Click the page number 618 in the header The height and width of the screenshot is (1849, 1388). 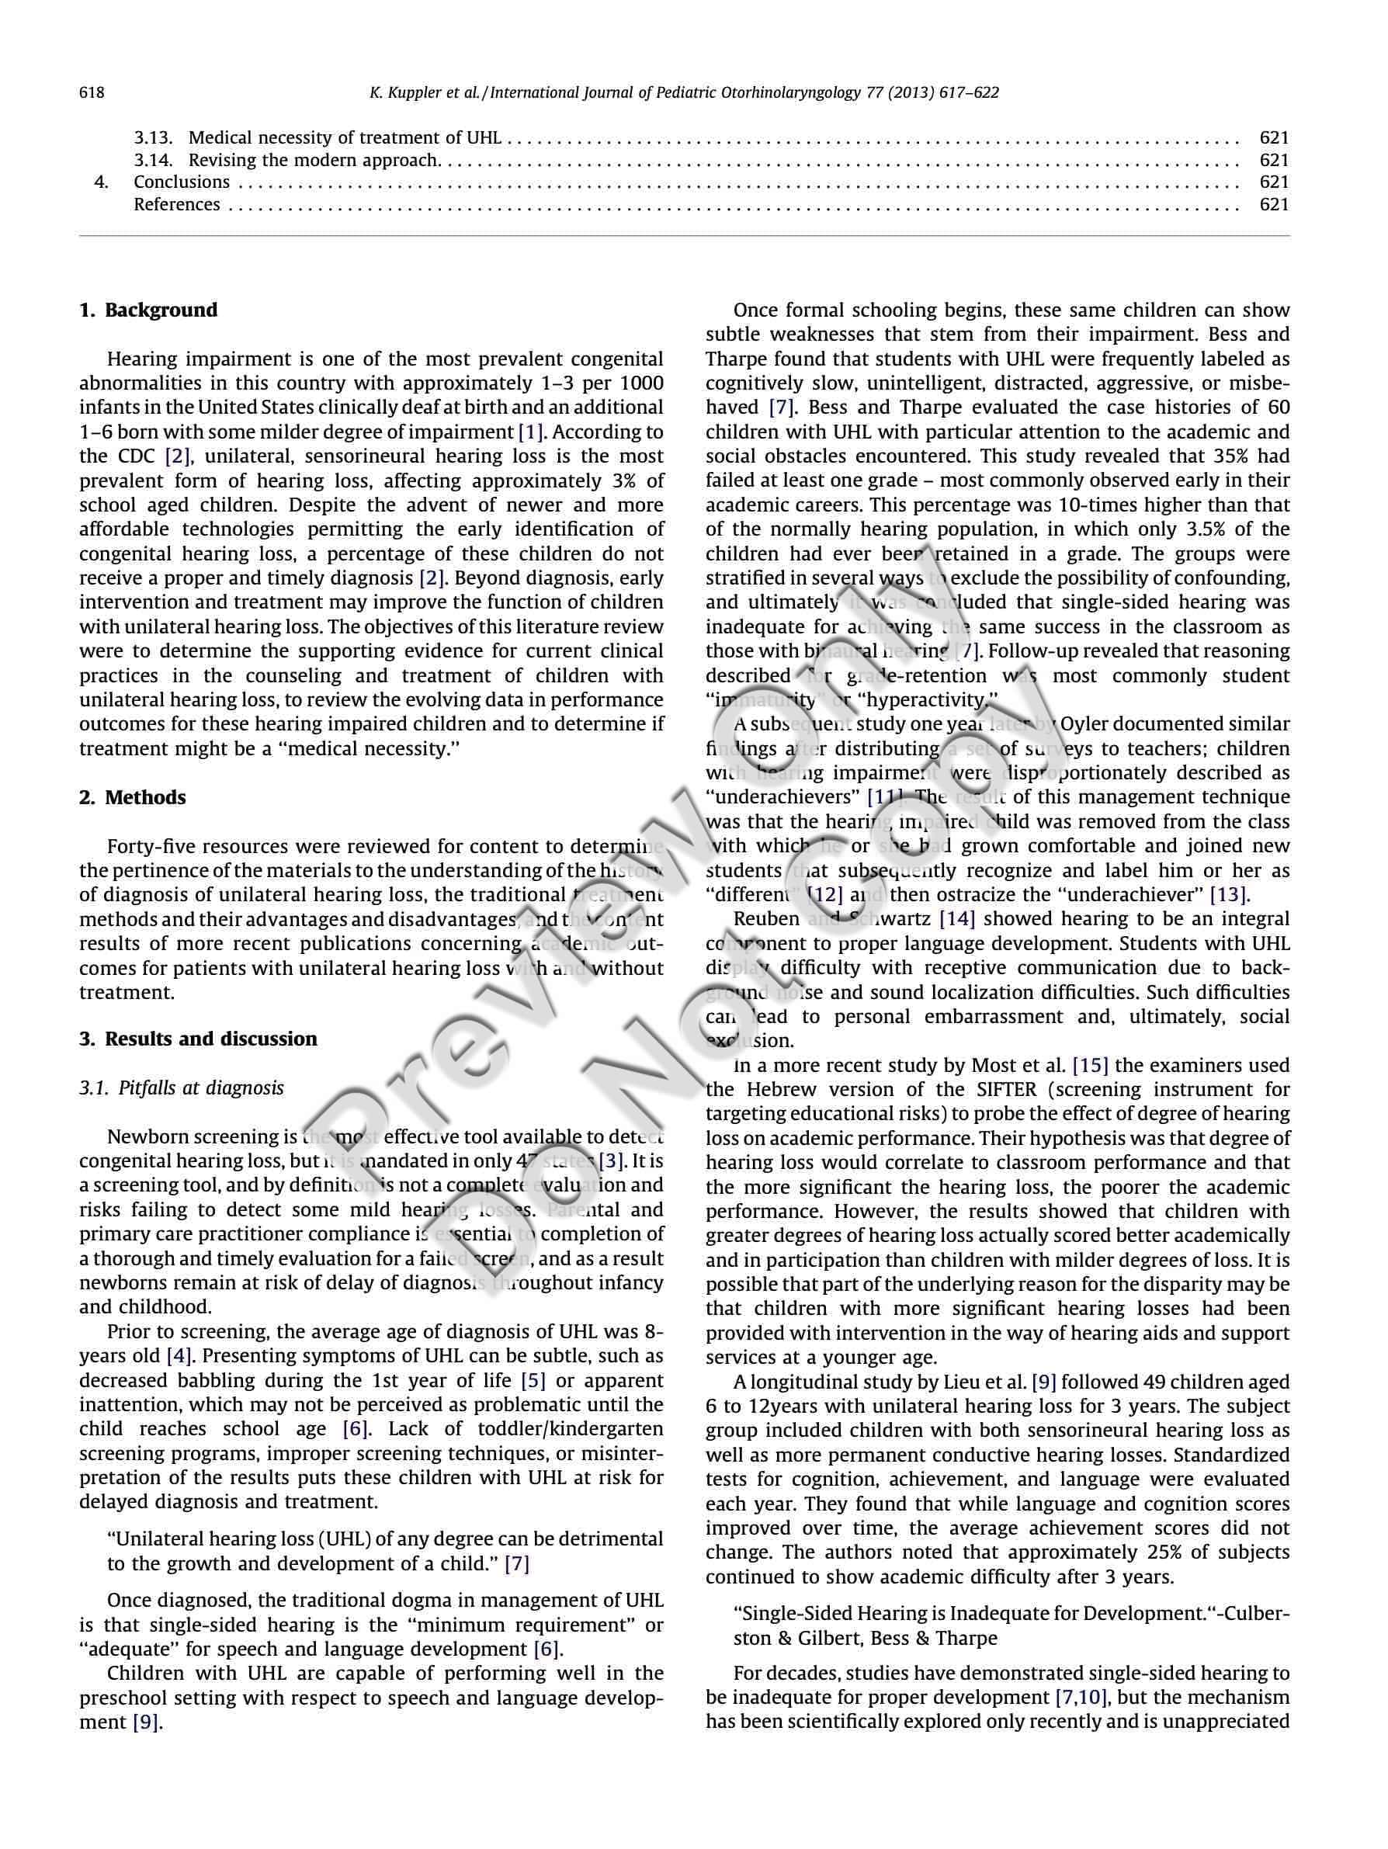pos(92,93)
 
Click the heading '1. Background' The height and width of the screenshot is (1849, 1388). pos(148,310)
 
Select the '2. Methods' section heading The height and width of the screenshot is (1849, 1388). pos(132,797)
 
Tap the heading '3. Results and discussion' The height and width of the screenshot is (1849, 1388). pos(198,1039)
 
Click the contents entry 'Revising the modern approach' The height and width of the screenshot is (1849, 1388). pos(313,160)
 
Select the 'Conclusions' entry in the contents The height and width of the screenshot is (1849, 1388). pos(182,182)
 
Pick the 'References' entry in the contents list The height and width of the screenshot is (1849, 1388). pos(176,205)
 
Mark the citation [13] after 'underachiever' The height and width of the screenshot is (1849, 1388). pos(1228,895)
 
